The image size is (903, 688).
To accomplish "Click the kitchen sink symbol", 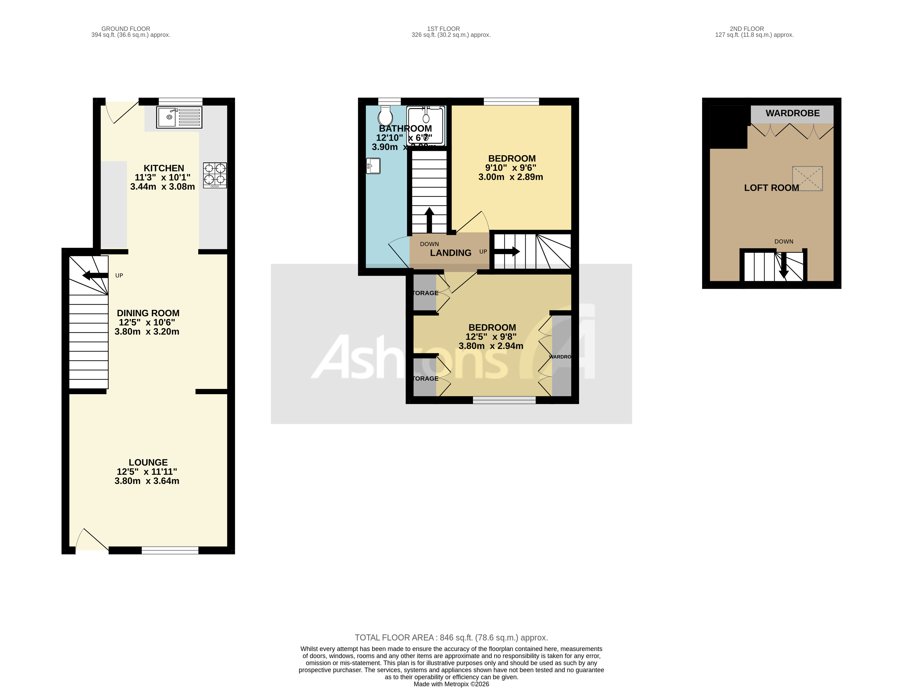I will (179, 117).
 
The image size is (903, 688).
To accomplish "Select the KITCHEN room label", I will (164, 168).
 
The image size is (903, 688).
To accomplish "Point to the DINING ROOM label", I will (148, 313).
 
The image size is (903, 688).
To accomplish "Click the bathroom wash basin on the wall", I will (373, 166).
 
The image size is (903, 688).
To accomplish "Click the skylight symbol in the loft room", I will (807, 179).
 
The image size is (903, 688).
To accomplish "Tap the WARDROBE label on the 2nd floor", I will (793, 113).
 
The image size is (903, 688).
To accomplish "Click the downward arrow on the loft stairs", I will (784, 266).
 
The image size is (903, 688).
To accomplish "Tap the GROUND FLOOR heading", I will (126, 29).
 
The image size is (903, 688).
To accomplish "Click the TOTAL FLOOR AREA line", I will (451, 638).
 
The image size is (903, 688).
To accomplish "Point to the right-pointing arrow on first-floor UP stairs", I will (507, 251).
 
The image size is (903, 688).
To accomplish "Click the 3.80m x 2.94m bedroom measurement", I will (491, 346).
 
